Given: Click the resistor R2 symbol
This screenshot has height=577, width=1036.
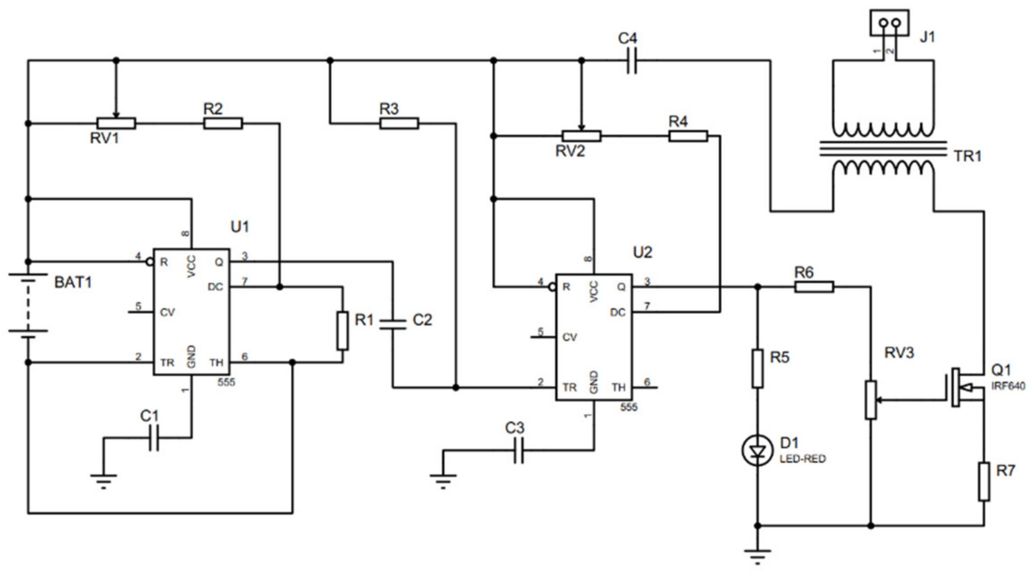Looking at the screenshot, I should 223,123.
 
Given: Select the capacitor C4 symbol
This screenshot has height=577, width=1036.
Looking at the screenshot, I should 631,61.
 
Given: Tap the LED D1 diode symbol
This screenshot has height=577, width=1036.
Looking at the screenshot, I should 757,451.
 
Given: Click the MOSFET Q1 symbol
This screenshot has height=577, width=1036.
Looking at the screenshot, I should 961,387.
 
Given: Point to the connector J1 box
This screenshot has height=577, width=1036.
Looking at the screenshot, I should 889,23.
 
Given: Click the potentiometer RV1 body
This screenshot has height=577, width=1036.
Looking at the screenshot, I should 116,123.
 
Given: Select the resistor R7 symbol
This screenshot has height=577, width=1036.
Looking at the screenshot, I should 983,482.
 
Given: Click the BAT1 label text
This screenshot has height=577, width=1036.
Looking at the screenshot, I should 73,282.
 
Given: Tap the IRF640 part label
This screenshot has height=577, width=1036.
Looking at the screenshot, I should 1008,386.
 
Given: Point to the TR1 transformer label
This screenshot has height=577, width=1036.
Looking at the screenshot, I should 967,156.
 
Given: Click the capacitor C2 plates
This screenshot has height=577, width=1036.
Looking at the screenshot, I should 393,325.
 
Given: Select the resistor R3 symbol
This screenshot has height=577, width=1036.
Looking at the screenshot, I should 399,123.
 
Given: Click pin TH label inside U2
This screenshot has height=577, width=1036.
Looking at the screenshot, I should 619,387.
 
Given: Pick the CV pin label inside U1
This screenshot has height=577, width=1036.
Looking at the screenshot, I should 167,313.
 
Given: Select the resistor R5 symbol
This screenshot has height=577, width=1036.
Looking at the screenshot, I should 757,369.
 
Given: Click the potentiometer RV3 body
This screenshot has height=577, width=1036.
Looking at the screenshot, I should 870,399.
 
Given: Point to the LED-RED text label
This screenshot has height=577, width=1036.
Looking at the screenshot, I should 802,459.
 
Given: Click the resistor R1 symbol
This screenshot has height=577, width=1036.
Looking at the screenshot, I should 342,331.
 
